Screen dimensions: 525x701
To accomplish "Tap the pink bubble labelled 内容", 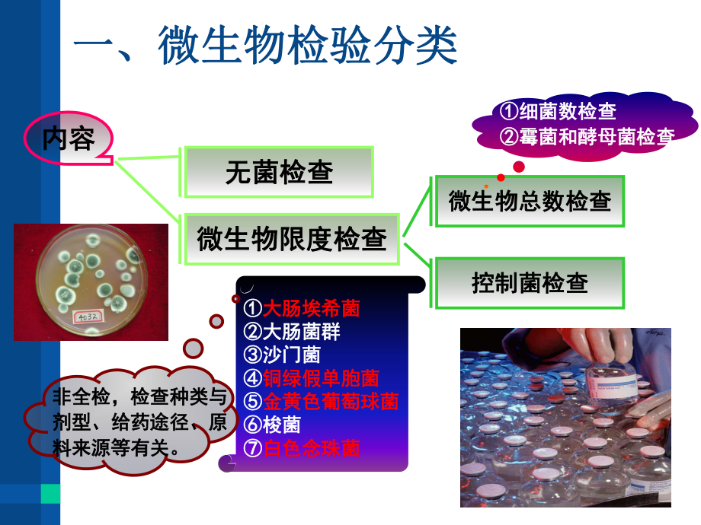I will [69, 139].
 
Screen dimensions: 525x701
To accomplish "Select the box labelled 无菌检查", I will [279, 173].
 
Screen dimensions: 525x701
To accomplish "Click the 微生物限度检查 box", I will [292, 239].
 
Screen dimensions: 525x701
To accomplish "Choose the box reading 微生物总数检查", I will [530, 201].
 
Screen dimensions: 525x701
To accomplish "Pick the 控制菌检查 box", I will [530, 282].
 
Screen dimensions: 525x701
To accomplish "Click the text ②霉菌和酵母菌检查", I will [587, 137].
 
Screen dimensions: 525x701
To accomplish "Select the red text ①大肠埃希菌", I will [302, 308].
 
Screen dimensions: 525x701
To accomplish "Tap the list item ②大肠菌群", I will [293, 332].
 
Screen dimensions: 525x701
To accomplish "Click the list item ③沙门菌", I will [283, 355].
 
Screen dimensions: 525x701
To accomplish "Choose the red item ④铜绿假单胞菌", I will [312, 377].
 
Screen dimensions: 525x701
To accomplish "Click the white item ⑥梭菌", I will [273, 424].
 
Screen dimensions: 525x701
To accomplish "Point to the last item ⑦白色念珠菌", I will [302, 447].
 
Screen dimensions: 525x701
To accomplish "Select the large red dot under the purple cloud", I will [519, 166].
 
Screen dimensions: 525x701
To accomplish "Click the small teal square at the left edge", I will [50, 494].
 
